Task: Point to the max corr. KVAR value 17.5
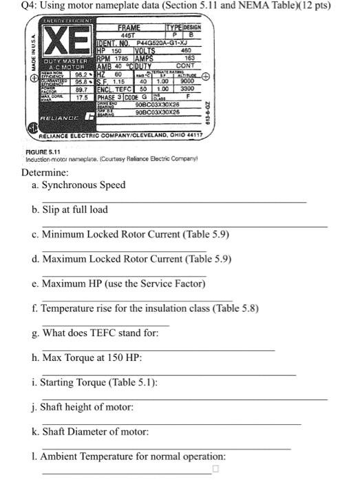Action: pyautogui.click(x=81, y=97)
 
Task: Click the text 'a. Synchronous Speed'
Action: pyautogui.click(x=83, y=185)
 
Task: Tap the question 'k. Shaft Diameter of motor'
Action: pyautogui.click(x=94, y=432)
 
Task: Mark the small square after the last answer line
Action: pyautogui.click(x=215, y=470)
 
